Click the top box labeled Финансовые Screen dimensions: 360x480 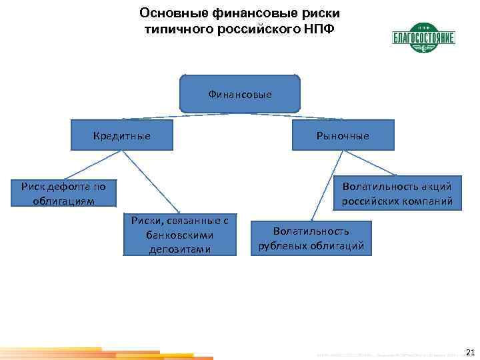(x=240, y=94)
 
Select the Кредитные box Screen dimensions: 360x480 (x=121, y=135)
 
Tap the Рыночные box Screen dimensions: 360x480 (x=343, y=135)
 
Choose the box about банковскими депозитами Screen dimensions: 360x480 (x=180, y=235)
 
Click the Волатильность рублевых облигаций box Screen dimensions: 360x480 (x=311, y=238)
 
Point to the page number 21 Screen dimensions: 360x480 (x=469, y=352)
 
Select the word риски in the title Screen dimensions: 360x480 (x=321, y=13)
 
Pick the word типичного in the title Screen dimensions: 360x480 (x=173, y=29)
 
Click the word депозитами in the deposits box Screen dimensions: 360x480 (x=180, y=250)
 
